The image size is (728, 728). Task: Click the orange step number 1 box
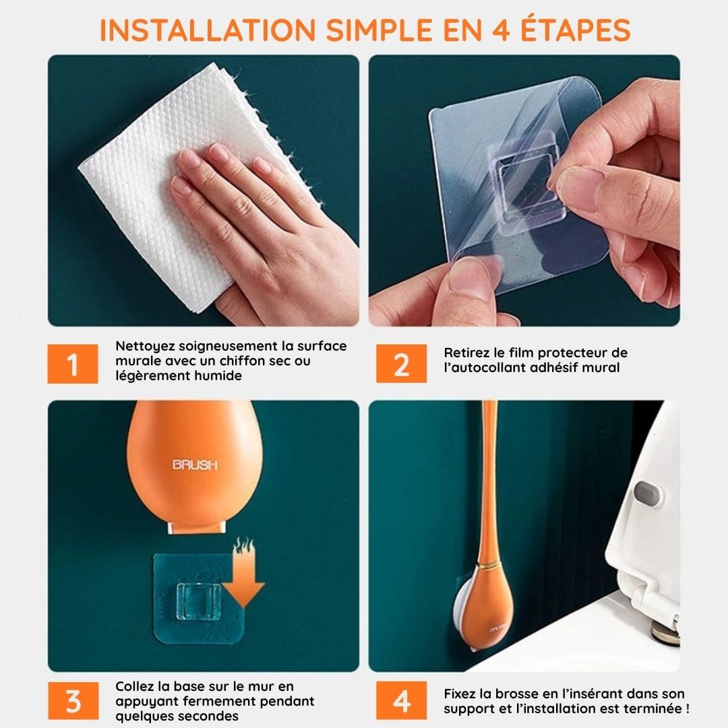pos(72,364)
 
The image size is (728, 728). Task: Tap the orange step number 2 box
pos(401,364)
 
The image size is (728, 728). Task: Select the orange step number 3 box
pos(72,701)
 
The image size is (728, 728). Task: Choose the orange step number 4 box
pos(401,701)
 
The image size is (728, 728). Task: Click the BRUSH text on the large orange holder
pos(195,464)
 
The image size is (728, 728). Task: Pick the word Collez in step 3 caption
pos(135,687)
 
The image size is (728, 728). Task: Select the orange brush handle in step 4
pos(488,472)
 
